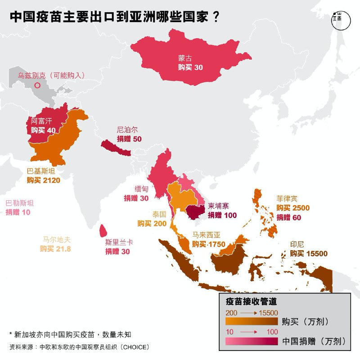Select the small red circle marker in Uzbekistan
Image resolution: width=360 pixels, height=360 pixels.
pyautogui.click(x=38, y=85)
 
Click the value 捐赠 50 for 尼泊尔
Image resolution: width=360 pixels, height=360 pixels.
pyautogui.click(x=129, y=139)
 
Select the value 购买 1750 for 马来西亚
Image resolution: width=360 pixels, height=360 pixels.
pyautogui.click(x=209, y=244)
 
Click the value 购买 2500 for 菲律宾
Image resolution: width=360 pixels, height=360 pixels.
pyautogui.click(x=293, y=208)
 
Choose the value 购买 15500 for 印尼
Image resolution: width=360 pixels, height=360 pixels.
pyautogui.click(x=309, y=254)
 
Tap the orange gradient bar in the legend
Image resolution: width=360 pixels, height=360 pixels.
pyautogui.click(x=251, y=322)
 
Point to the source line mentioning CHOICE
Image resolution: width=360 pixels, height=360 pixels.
pyautogui.click(x=79, y=347)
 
